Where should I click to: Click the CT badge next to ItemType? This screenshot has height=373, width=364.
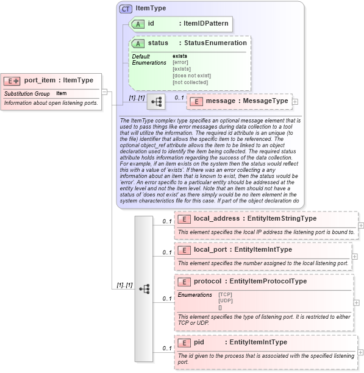(x=126, y=9)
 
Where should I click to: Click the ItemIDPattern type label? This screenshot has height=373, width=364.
(x=206, y=24)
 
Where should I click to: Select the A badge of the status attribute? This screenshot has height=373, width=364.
(x=138, y=43)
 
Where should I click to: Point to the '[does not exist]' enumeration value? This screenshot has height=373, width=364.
(x=191, y=76)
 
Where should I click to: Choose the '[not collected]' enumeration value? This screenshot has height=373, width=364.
(x=190, y=82)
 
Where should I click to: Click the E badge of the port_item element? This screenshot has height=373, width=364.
(x=12, y=80)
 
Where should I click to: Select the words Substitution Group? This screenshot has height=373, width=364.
(x=27, y=93)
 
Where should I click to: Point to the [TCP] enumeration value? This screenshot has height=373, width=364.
(x=225, y=294)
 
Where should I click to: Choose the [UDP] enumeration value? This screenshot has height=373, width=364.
(x=225, y=300)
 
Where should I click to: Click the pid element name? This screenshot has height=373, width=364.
(x=203, y=343)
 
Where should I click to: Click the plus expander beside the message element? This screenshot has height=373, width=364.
(x=295, y=101)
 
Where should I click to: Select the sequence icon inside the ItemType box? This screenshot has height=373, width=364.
(x=155, y=101)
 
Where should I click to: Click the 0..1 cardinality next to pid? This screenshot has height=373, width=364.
(x=166, y=348)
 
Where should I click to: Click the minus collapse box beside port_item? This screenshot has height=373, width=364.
(x=104, y=92)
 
